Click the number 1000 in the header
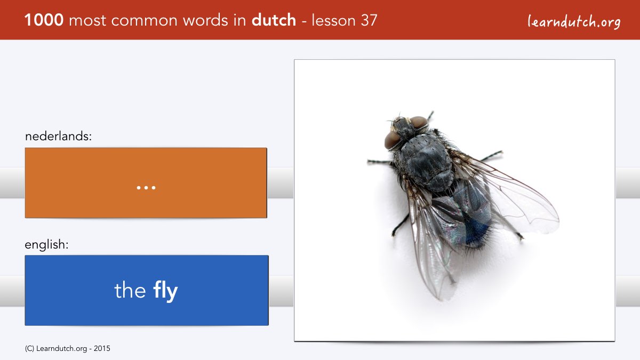pyautogui.click(x=44, y=20)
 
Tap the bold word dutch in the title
pyautogui.click(x=274, y=20)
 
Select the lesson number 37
pyautogui.click(x=369, y=20)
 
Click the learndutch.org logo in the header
pyautogui.click(x=574, y=22)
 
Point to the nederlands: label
pyautogui.click(x=58, y=136)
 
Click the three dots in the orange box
pyautogui.click(x=146, y=188)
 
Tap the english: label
pyautogui.click(x=46, y=245)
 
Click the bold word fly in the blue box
pyautogui.click(x=165, y=291)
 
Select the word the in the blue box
pyautogui.click(x=130, y=290)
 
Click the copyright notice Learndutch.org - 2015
pyautogui.click(x=67, y=349)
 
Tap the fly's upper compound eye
pyautogui.click(x=419, y=122)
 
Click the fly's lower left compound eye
pyautogui.click(x=393, y=140)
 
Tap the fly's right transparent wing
pyautogui.click(x=509, y=194)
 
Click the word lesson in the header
pyautogui.click(x=333, y=21)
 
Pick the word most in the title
pyautogui.click(x=87, y=21)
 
